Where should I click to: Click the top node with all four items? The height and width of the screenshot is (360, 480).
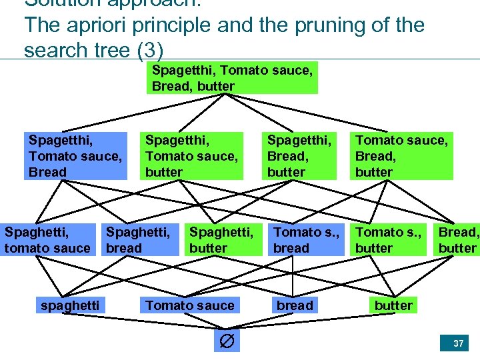tap(232, 78)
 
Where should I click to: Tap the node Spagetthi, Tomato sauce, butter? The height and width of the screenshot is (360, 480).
tap(191, 156)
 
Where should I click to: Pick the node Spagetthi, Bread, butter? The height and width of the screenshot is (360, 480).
tap(299, 156)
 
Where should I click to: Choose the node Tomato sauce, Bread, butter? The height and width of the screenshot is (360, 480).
tap(401, 156)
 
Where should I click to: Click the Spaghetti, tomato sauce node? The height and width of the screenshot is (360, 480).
tap(47, 240)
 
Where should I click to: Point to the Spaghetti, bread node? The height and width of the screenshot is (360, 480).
tap(138, 240)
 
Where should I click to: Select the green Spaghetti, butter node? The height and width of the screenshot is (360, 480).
tap(221, 240)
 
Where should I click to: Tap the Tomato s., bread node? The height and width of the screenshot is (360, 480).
tap(306, 240)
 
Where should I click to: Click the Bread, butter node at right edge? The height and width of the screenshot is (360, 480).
tap(458, 240)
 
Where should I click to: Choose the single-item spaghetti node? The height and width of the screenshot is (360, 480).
tap(70, 305)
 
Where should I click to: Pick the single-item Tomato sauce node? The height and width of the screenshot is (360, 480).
tap(190, 305)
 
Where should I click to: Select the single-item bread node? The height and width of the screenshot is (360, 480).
tap(295, 305)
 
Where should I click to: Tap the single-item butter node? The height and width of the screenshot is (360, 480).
tap(393, 305)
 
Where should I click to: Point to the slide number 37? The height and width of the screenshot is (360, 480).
tap(458, 343)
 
